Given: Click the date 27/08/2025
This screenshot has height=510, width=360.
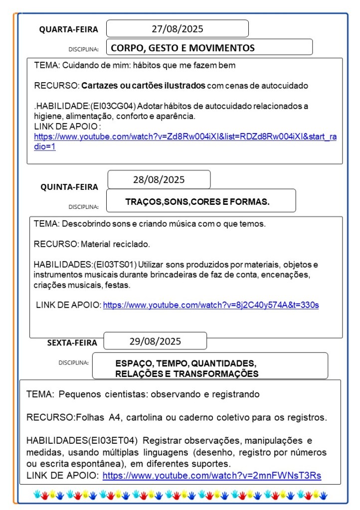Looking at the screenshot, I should [177, 29].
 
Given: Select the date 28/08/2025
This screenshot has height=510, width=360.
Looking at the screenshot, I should [159, 179].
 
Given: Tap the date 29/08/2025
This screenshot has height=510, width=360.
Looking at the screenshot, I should [155, 341].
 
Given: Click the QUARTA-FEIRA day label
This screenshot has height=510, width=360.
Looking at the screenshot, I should [69, 30].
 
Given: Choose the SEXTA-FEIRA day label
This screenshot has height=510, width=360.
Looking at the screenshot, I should [72, 342].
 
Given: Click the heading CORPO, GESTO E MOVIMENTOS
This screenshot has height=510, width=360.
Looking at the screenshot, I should [182, 48].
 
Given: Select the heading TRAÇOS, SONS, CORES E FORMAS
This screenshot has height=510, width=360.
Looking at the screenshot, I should [197, 202].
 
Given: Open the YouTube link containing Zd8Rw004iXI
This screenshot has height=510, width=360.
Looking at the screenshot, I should [184, 137].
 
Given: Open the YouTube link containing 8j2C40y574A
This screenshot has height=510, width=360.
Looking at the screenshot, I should [210, 305].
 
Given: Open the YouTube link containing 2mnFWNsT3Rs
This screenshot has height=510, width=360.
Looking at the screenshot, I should [211, 476].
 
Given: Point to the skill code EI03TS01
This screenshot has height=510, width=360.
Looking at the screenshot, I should [114, 264].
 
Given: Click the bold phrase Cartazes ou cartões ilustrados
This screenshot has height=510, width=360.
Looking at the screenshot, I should [143, 86].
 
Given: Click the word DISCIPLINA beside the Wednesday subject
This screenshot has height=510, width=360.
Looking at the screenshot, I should [83, 49].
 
